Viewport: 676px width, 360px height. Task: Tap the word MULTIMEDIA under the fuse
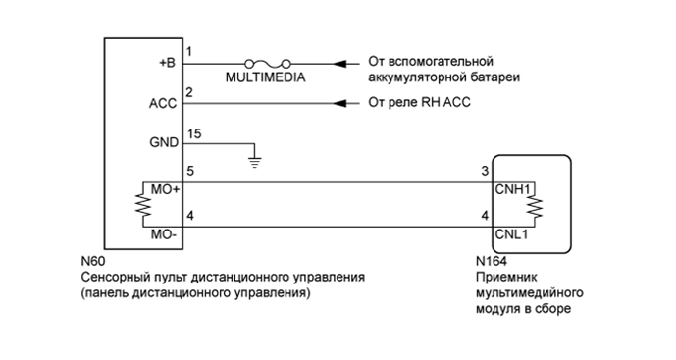(266, 77)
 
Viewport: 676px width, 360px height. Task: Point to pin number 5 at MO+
(190, 172)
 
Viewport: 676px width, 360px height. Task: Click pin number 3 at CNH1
(484, 172)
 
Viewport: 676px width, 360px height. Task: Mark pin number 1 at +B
(189, 52)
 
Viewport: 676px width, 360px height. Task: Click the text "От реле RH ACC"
(414, 102)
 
